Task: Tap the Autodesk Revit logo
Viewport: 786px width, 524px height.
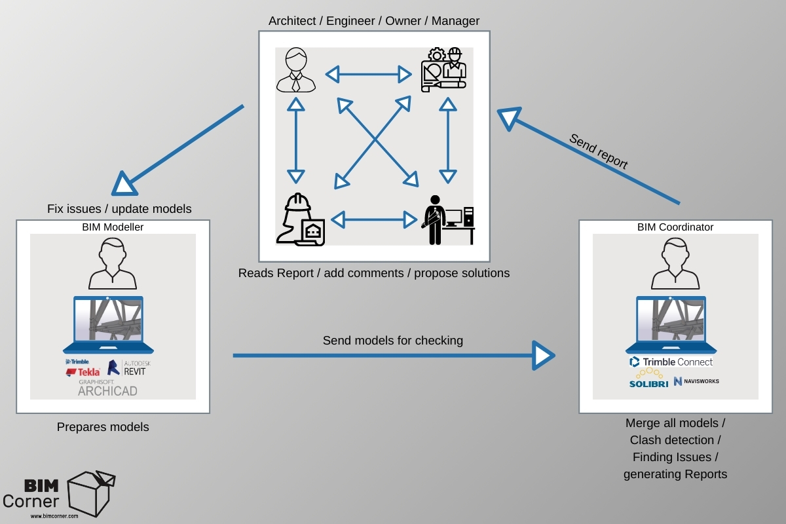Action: pos(129,367)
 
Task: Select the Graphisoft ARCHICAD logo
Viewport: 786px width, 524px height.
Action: pos(107,388)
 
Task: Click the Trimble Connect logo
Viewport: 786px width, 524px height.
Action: pos(671,362)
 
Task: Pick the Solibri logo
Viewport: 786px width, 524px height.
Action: pos(649,379)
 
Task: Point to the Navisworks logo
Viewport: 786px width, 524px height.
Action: pos(696,381)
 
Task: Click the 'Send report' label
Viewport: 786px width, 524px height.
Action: pos(598,151)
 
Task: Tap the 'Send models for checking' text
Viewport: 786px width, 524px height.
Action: pos(392,341)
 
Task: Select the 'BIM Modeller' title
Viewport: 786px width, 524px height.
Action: pos(113,227)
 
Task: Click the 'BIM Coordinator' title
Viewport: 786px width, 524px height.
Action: pos(675,227)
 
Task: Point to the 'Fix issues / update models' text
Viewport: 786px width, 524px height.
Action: pos(119,209)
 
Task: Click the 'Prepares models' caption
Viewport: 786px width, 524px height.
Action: pos(103,427)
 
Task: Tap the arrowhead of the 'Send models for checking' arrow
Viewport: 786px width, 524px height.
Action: pos(543,356)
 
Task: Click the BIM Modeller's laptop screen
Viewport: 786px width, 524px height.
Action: pos(109,320)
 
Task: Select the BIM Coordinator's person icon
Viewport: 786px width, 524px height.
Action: pos(675,263)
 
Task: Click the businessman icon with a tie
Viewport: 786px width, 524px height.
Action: pos(296,70)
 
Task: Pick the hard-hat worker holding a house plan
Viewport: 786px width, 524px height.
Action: pos(301,219)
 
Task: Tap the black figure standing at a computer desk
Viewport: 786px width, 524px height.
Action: pos(448,220)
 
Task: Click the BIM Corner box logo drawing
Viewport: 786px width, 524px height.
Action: pos(91,494)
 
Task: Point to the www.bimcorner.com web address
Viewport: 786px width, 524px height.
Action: pos(54,516)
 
